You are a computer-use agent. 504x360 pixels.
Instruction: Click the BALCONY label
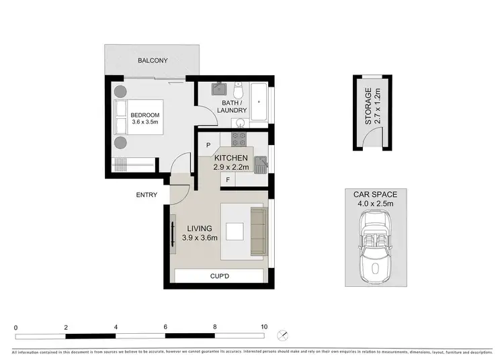click(153, 61)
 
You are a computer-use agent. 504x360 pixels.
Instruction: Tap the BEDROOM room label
click(144, 116)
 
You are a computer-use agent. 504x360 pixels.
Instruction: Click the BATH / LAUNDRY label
click(231, 105)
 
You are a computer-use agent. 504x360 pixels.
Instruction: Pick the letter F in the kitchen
click(228, 179)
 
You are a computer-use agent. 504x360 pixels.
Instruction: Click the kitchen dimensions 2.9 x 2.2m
click(231, 167)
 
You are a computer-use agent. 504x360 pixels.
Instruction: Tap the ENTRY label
click(146, 195)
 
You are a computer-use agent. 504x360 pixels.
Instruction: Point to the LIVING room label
click(199, 228)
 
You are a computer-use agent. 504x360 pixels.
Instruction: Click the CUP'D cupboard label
click(218, 276)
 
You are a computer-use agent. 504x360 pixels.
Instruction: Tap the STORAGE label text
click(368, 107)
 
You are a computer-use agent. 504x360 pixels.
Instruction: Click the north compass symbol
click(284, 334)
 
